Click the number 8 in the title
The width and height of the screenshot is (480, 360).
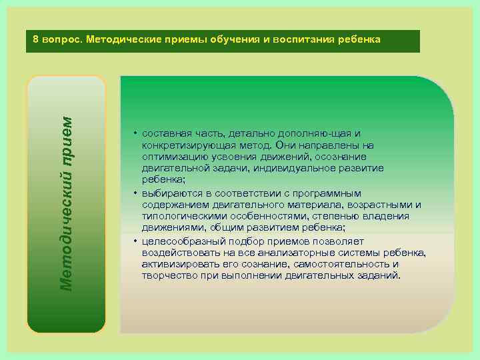[36, 39]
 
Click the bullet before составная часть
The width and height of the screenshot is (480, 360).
[135, 134]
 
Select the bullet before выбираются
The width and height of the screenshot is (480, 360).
[135, 193]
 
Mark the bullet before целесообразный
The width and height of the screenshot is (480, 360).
[135, 241]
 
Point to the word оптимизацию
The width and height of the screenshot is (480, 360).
[171, 157]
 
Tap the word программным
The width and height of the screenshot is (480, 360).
[334, 193]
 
